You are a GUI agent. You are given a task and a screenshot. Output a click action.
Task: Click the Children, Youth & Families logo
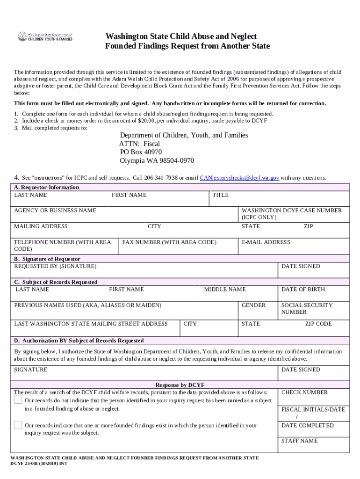[45, 36]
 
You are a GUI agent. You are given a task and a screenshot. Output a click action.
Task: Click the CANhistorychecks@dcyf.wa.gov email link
[239, 178]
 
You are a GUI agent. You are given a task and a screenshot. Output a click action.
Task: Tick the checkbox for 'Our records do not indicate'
[18, 400]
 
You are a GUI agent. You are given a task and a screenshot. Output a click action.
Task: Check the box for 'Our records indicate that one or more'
[18, 425]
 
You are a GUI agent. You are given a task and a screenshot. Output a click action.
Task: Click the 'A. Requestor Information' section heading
[46, 187]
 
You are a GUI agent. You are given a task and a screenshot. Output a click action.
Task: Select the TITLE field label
[220, 195]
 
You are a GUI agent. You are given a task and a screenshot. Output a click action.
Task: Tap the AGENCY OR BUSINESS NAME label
[55, 210]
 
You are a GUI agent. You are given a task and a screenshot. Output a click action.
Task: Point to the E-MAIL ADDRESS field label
[266, 242]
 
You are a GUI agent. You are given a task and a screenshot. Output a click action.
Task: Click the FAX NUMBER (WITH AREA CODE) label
[169, 242]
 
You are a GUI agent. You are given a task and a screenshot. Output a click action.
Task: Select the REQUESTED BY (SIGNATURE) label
[55, 266]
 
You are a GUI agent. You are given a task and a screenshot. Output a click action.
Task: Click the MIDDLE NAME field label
[224, 290]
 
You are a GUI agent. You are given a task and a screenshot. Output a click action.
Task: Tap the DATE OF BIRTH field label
[303, 290]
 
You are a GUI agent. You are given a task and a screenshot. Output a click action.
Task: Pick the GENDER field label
[253, 305]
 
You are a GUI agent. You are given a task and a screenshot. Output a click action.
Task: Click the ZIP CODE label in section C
[318, 324]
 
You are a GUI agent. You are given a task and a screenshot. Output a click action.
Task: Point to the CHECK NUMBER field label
[304, 392]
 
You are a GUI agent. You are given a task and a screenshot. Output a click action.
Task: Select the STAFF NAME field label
[299, 441]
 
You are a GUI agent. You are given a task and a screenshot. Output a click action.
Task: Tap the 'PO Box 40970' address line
[141, 152]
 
